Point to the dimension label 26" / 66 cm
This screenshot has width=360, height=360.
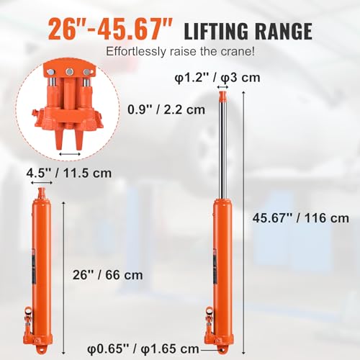click(109, 274)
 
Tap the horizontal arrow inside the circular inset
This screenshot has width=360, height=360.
click(70, 154)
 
